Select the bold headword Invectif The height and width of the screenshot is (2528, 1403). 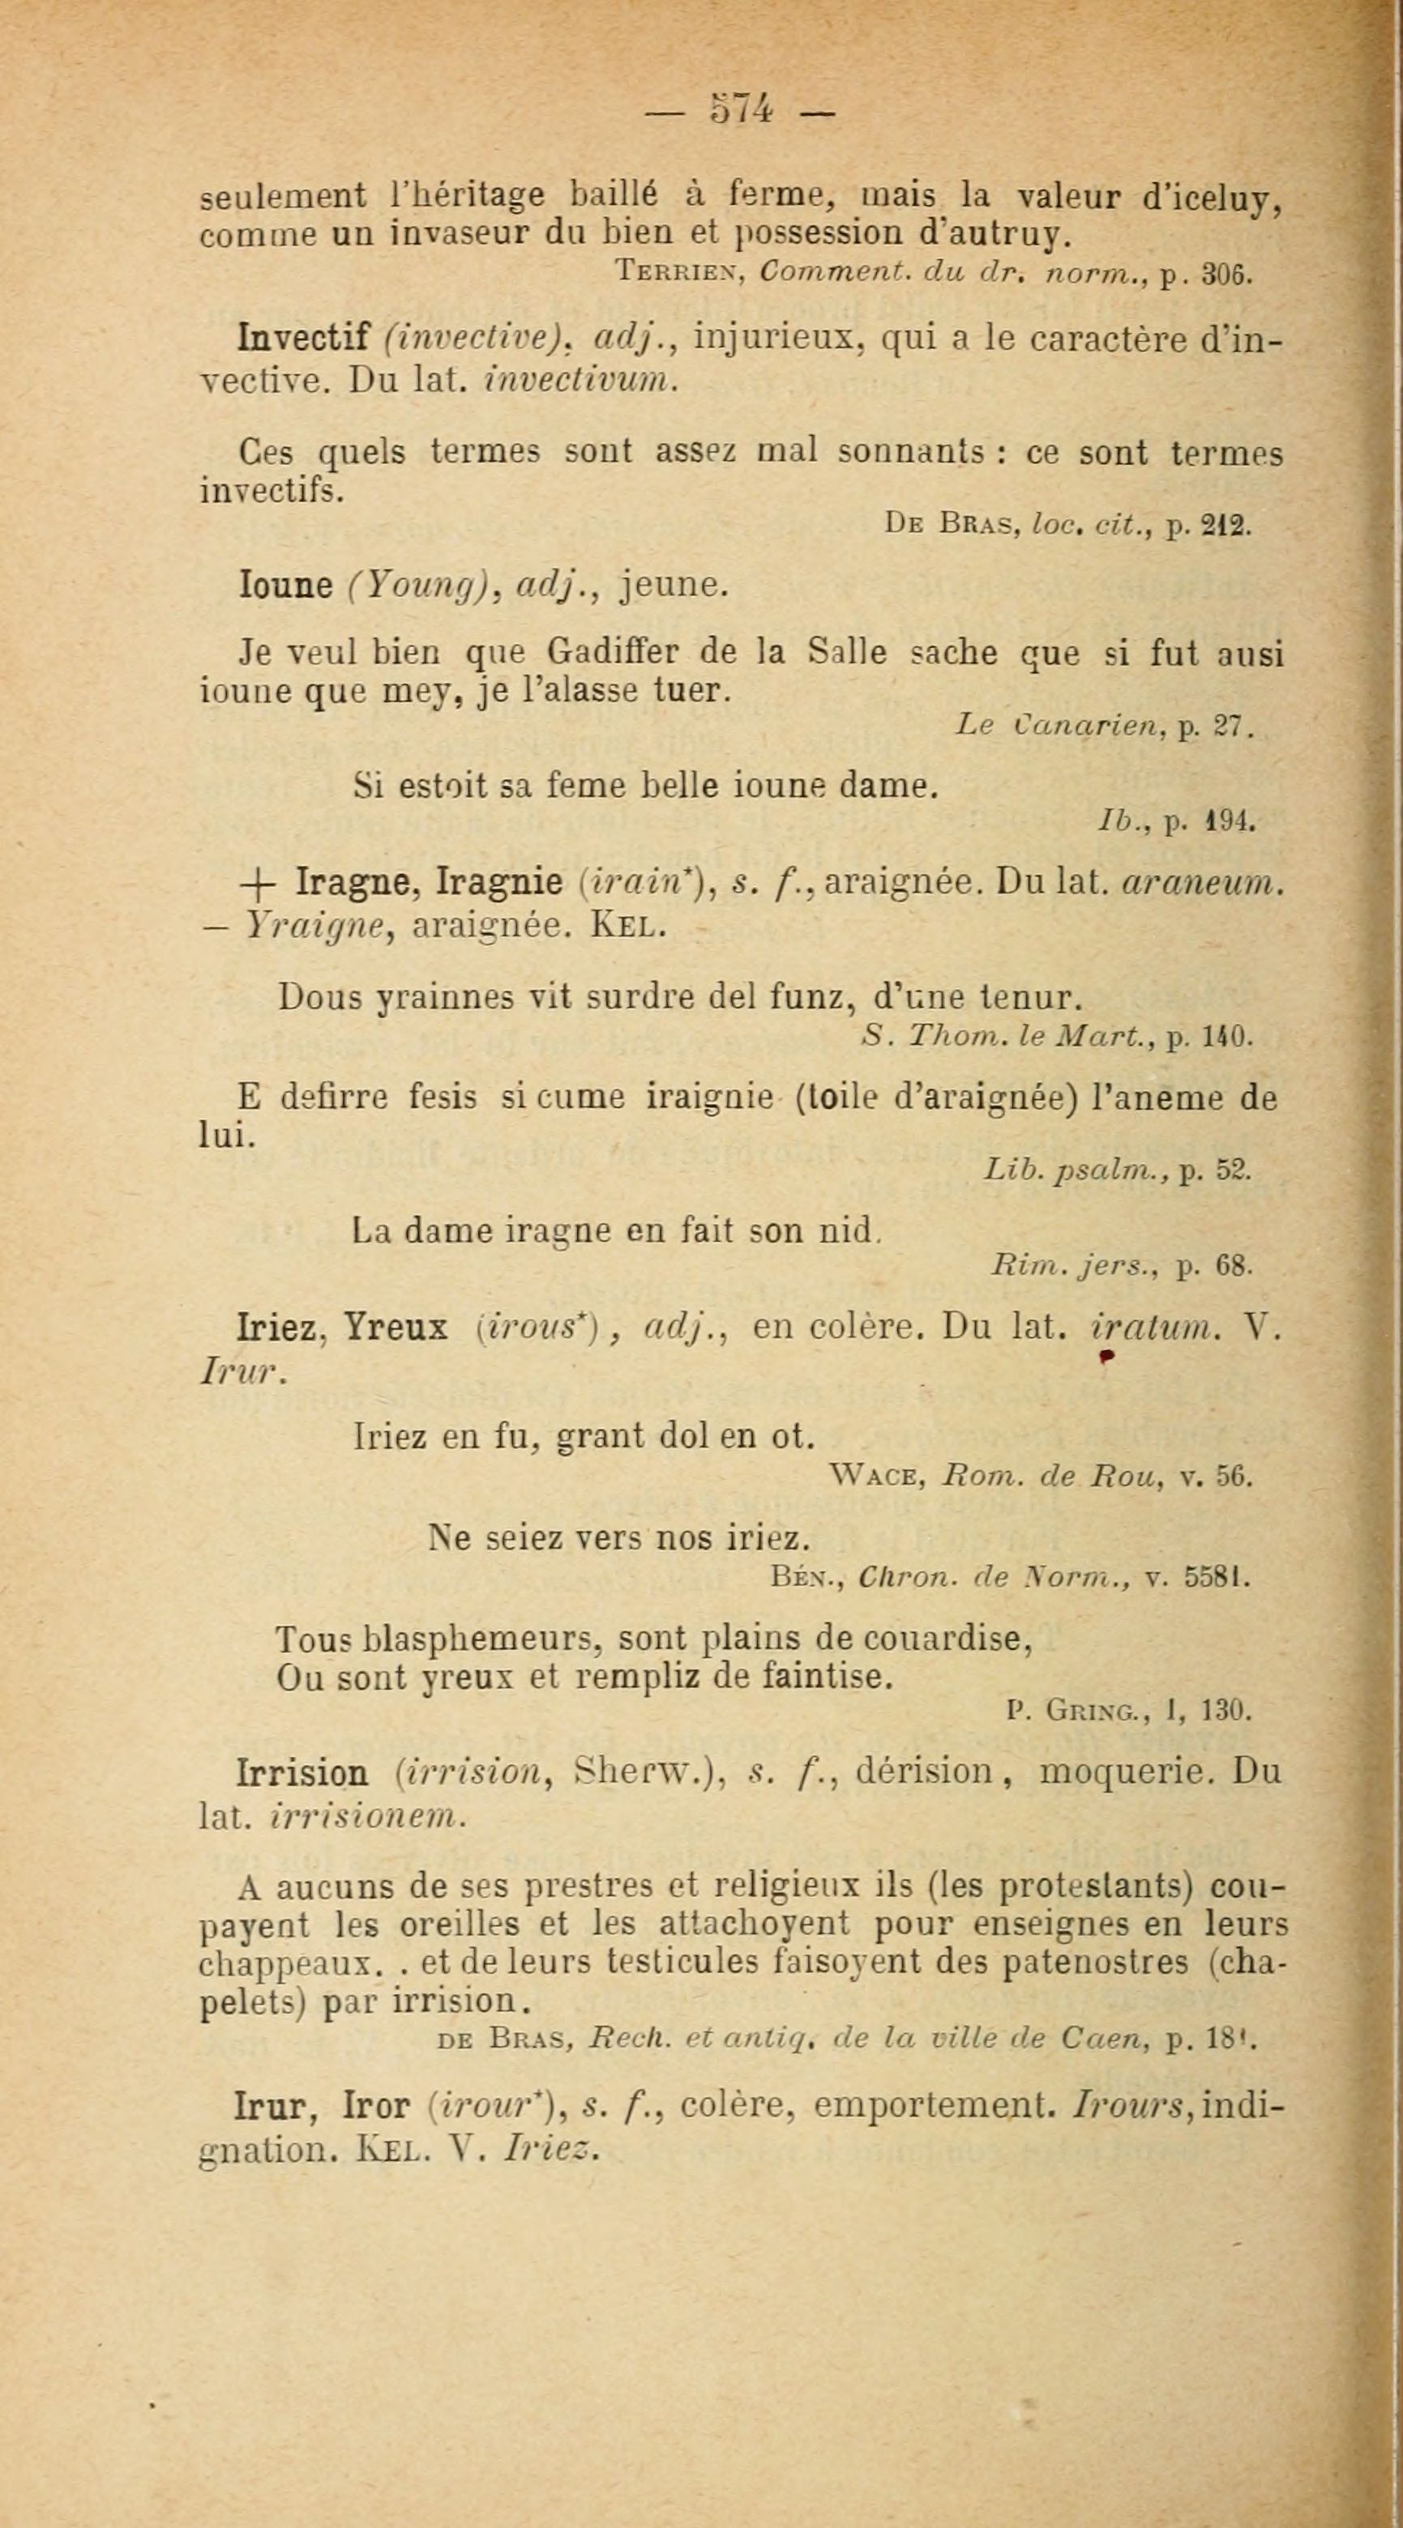pyautogui.click(x=303, y=339)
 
